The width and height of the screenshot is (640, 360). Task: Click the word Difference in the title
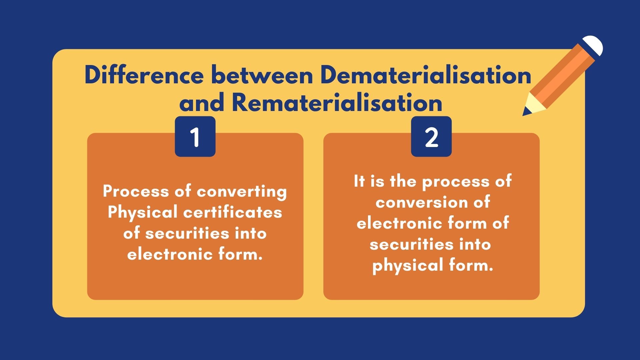pos(144,75)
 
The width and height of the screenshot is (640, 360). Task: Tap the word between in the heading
pos(262,75)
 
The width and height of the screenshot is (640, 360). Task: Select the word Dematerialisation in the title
pos(426,75)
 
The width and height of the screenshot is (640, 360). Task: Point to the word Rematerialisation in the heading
pos(337,103)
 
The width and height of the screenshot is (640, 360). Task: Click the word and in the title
pos(202,103)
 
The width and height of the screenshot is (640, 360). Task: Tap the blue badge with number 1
pos(195,137)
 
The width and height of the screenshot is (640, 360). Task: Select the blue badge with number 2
pos(431,137)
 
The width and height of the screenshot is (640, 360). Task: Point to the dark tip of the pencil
pos(526,112)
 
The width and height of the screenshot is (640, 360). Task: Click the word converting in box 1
pos(242,192)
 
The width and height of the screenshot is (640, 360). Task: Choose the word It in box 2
pos(359,181)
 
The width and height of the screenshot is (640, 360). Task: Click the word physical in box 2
pos(408,266)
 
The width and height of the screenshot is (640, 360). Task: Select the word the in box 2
pos(403,181)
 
